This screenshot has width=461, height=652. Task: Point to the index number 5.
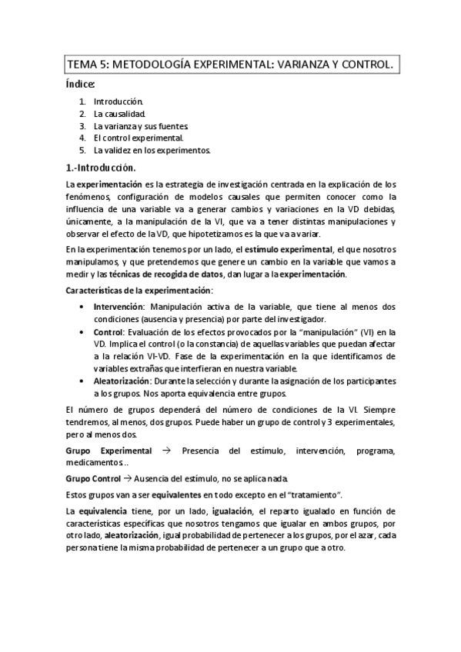[82, 150]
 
